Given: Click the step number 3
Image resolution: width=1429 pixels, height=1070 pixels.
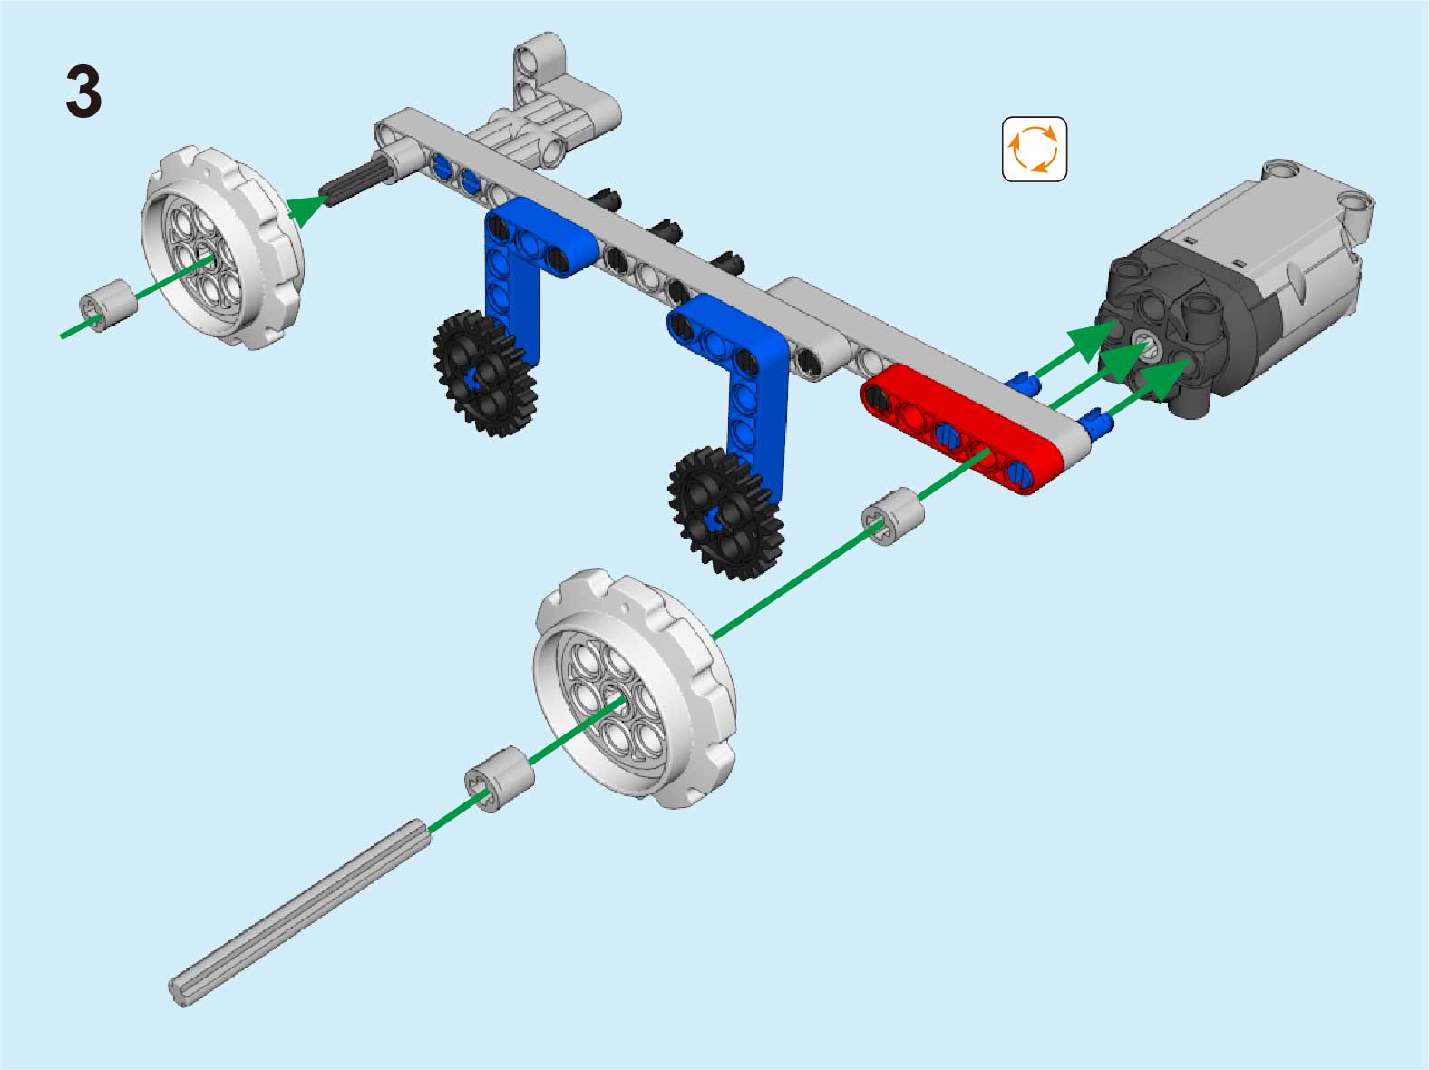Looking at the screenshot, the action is point(84,92).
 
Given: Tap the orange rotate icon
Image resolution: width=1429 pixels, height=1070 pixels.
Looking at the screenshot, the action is point(1034,149).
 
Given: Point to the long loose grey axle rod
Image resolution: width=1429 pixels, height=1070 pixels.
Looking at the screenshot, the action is point(299,913).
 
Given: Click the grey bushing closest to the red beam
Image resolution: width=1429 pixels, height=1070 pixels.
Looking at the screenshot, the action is point(892,516).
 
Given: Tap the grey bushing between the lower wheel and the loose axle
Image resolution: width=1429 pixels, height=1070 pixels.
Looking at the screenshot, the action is point(500,779).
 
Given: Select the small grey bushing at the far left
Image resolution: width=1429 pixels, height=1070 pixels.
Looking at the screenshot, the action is point(108,306).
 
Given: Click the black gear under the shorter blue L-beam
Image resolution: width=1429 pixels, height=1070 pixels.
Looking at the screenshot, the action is point(485,373).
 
